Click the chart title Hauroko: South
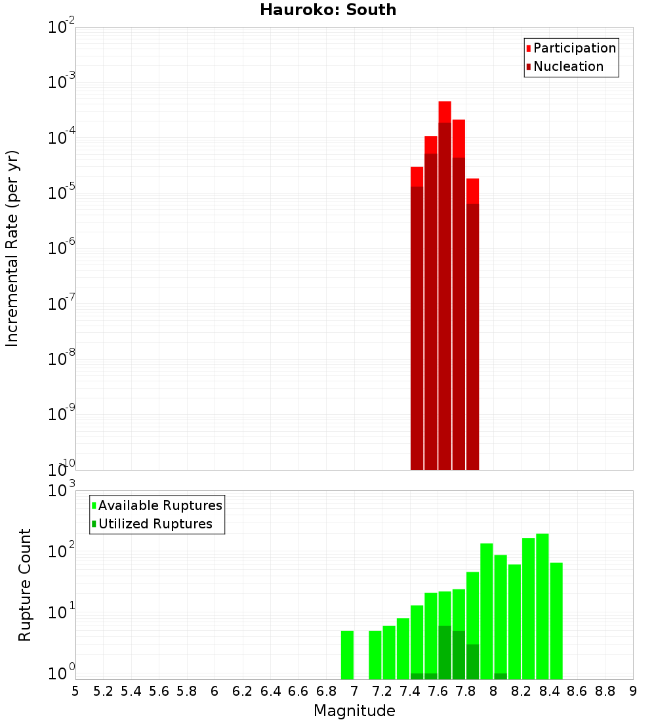click(328, 10)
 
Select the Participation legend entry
click(571, 48)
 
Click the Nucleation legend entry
click(565, 66)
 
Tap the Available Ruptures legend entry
click(157, 505)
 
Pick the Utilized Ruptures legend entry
click(152, 524)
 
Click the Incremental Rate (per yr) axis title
click(12, 248)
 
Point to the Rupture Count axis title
click(24, 585)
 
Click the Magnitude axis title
click(354, 710)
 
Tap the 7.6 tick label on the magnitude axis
click(438, 692)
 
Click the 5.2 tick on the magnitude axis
click(103, 692)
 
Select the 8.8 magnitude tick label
click(605, 692)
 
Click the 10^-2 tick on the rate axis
click(61, 26)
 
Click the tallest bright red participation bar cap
click(445, 112)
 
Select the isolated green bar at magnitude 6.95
click(347, 655)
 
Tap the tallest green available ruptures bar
click(543, 606)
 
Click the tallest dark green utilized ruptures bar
click(445, 652)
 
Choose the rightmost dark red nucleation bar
click(473, 337)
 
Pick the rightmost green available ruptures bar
click(556, 621)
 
